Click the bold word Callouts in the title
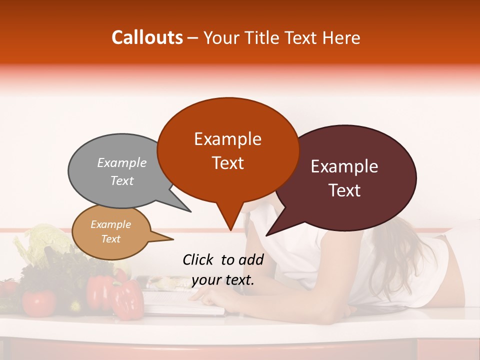pos(147,37)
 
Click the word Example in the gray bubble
pos(122,162)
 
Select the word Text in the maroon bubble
pos(345,190)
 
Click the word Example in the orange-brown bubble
pos(227,138)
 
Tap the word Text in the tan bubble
pos(111,239)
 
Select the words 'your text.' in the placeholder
pos(223,280)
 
